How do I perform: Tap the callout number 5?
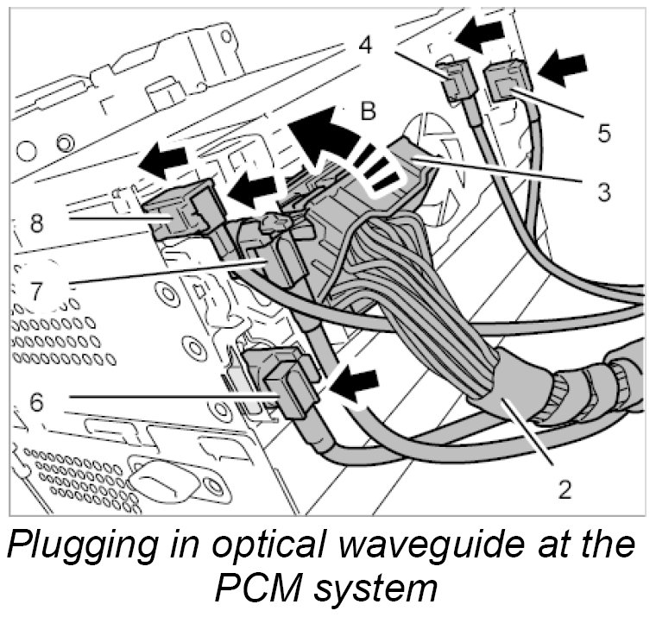click(603, 134)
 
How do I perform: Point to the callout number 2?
click(565, 488)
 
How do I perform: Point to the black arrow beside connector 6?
click(356, 382)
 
